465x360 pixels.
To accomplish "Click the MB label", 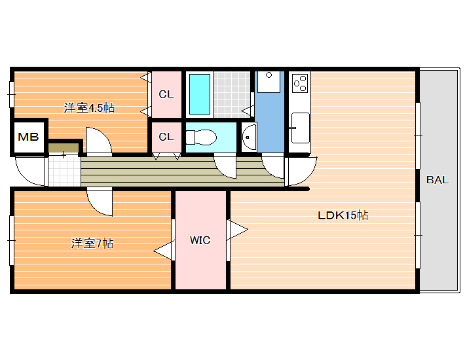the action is click(x=28, y=137).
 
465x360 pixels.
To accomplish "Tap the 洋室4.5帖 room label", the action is click(x=89, y=108).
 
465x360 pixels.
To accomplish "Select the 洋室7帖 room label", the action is click(x=92, y=243).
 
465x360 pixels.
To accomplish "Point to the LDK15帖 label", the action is click(x=343, y=215).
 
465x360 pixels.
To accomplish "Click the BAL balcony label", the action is click(x=437, y=180).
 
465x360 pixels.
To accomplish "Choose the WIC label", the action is click(x=200, y=240).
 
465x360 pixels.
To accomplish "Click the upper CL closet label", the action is click(x=166, y=94).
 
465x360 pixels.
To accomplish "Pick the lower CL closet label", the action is click(x=166, y=137).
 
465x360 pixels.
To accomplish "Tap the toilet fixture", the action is click(x=201, y=137).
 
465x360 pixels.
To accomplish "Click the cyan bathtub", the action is click(x=200, y=94).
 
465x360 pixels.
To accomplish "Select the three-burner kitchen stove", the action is click(x=300, y=83).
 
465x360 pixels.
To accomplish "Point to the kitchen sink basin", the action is click(x=300, y=128).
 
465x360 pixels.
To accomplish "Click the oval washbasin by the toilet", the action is click(x=249, y=137).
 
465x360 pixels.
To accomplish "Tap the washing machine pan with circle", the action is click(x=269, y=82).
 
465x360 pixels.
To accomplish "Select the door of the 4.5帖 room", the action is click(x=99, y=141).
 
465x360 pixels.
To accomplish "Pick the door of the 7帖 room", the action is click(x=100, y=202).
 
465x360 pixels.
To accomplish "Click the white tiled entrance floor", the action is click(x=64, y=170).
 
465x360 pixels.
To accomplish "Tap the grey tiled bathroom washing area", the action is click(x=232, y=94).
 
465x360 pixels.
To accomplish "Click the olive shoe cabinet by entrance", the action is click(x=64, y=148).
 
